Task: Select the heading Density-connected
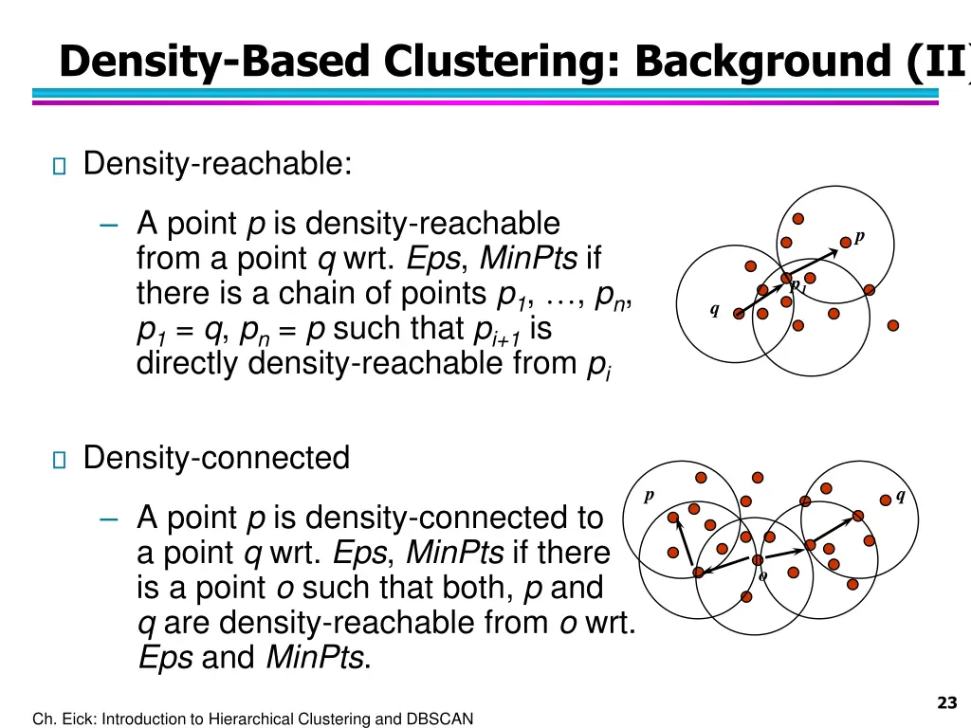tap(216, 458)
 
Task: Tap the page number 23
tap(945, 702)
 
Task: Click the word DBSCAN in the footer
tap(438, 719)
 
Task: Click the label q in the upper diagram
tap(714, 310)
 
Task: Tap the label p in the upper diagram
tap(859, 236)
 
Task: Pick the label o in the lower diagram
tap(762, 576)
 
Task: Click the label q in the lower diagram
tap(900, 495)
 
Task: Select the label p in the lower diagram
tap(650, 496)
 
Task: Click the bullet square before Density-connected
tap(59, 461)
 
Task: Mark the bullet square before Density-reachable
tap(59, 167)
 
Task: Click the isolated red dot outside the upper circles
tap(892, 325)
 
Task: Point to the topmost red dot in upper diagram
tap(798, 218)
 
